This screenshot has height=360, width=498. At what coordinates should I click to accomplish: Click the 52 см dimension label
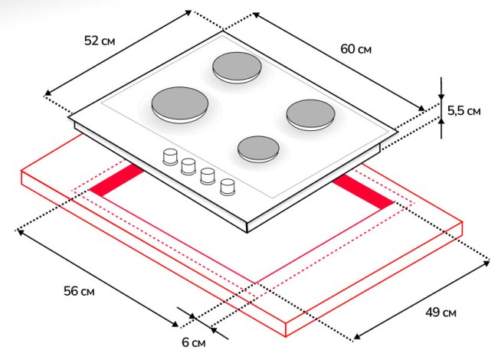tap(100, 41)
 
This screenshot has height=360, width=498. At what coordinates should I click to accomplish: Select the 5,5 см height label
tap(464, 110)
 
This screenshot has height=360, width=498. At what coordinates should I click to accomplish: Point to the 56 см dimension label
tap(79, 291)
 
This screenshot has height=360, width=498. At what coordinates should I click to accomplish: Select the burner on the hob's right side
tap(311, 114)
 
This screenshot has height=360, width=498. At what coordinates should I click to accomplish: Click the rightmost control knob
tap(228, 186)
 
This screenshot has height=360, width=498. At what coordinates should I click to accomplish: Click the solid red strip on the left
tap(117, 182)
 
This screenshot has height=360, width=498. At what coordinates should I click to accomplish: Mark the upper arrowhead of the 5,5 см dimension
tap(442, 79)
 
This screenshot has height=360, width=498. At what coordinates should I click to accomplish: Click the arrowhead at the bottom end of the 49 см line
tap(355, 336)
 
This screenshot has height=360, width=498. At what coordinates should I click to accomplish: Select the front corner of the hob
tap(248, 227)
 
